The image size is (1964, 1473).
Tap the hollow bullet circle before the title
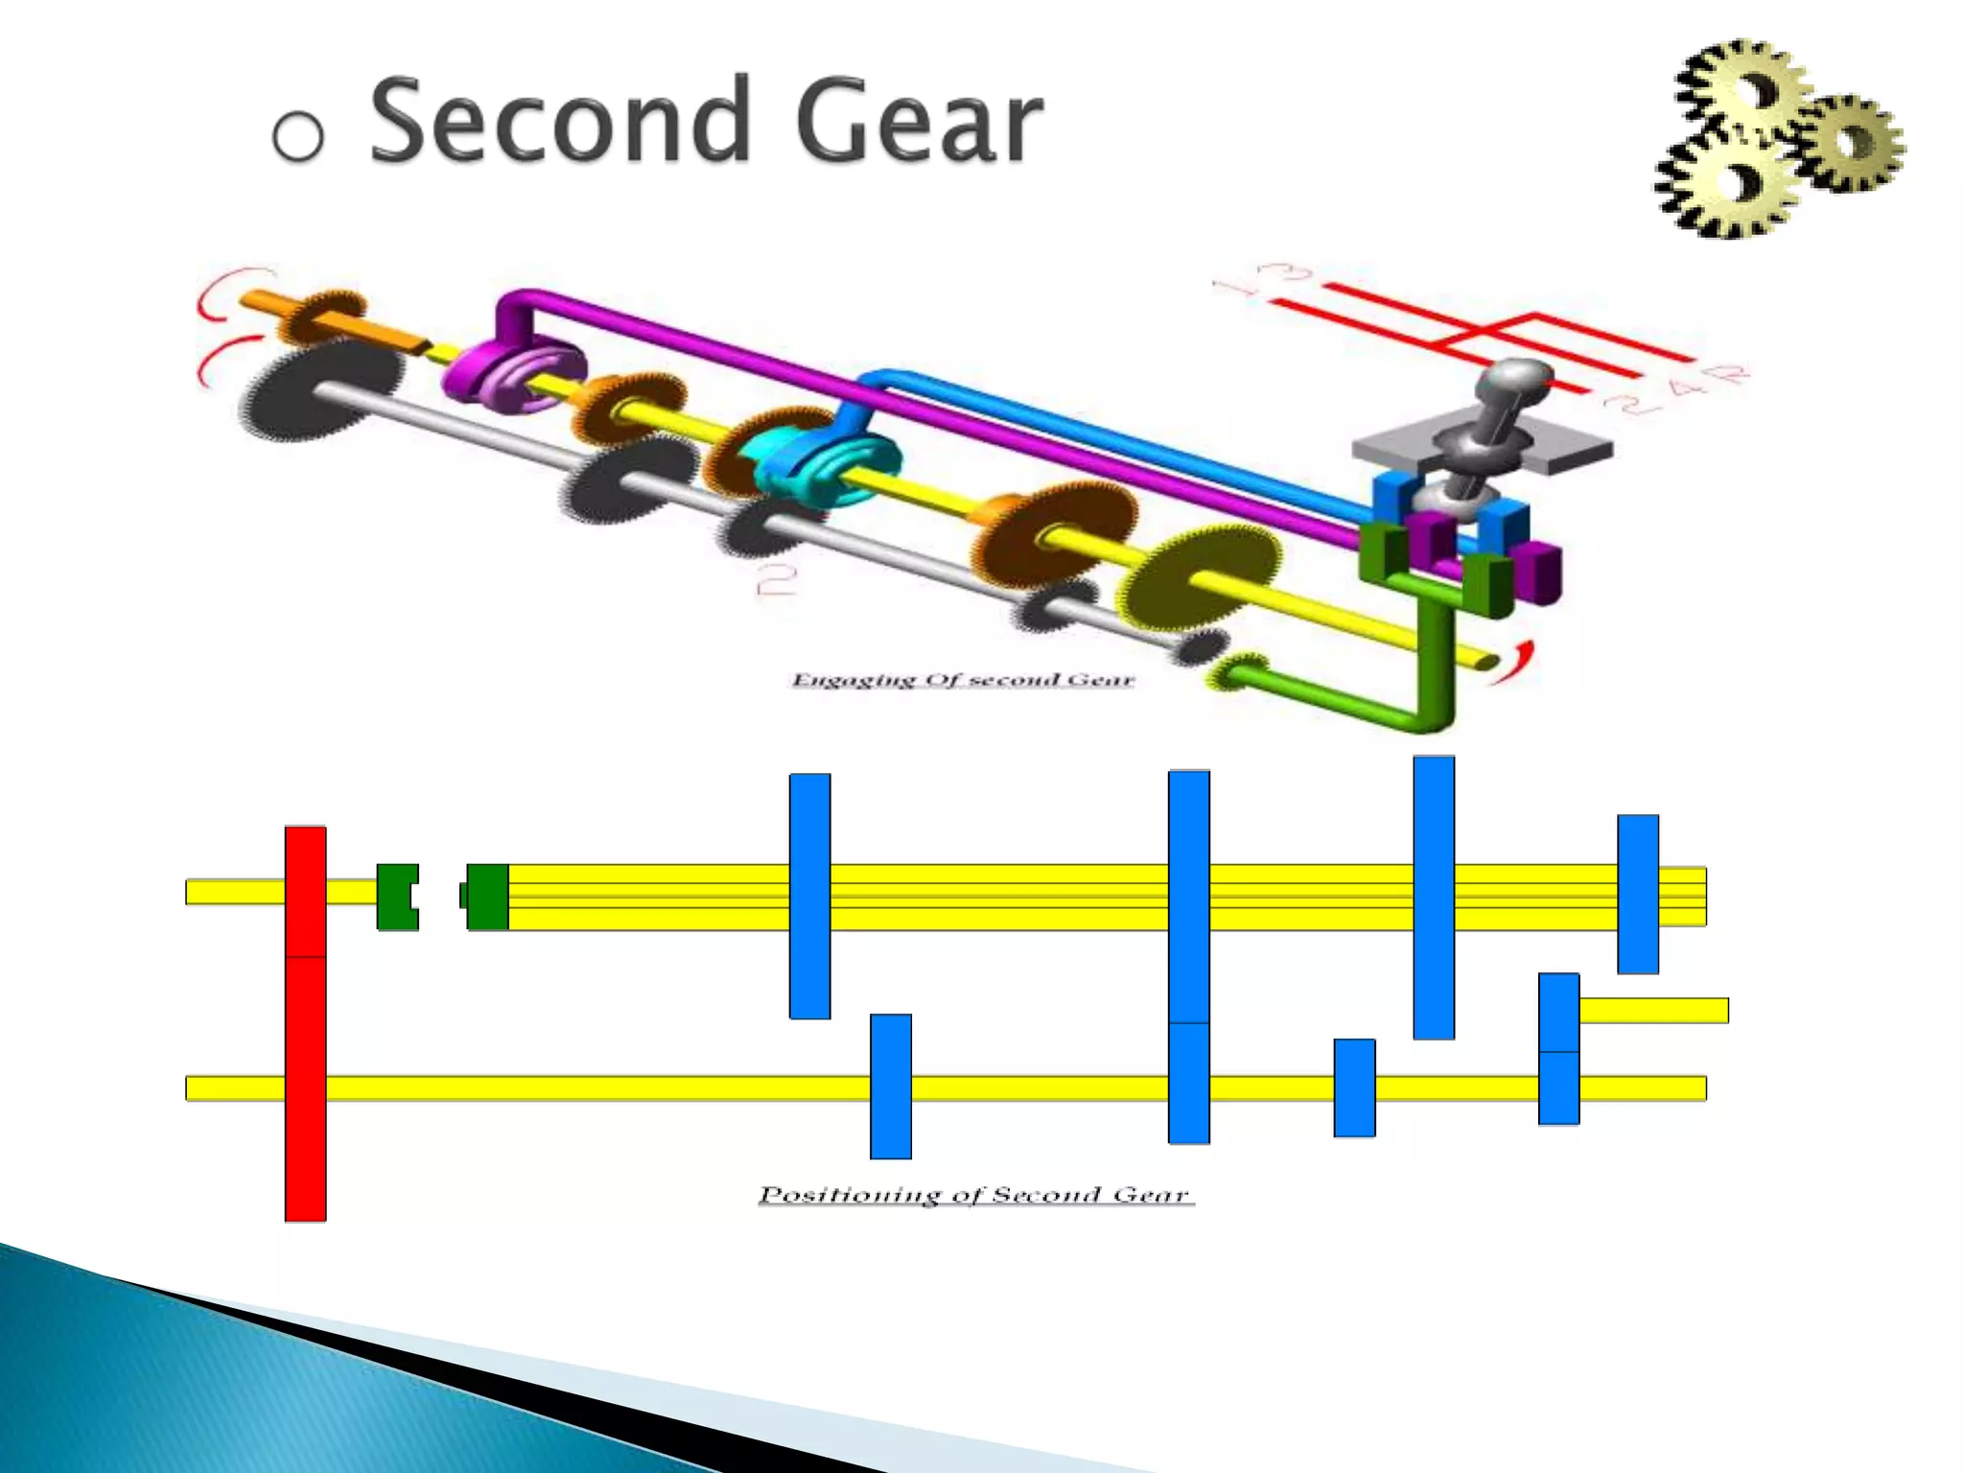297,134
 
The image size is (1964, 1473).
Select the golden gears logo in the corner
1777,140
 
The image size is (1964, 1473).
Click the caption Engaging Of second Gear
962,680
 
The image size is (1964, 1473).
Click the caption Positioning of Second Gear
974,1195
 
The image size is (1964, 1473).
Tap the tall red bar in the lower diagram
305,1022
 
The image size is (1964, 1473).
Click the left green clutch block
396,897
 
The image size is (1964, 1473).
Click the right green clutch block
487,897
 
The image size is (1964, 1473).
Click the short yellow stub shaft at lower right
1652,1010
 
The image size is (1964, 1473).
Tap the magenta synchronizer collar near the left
513,372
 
